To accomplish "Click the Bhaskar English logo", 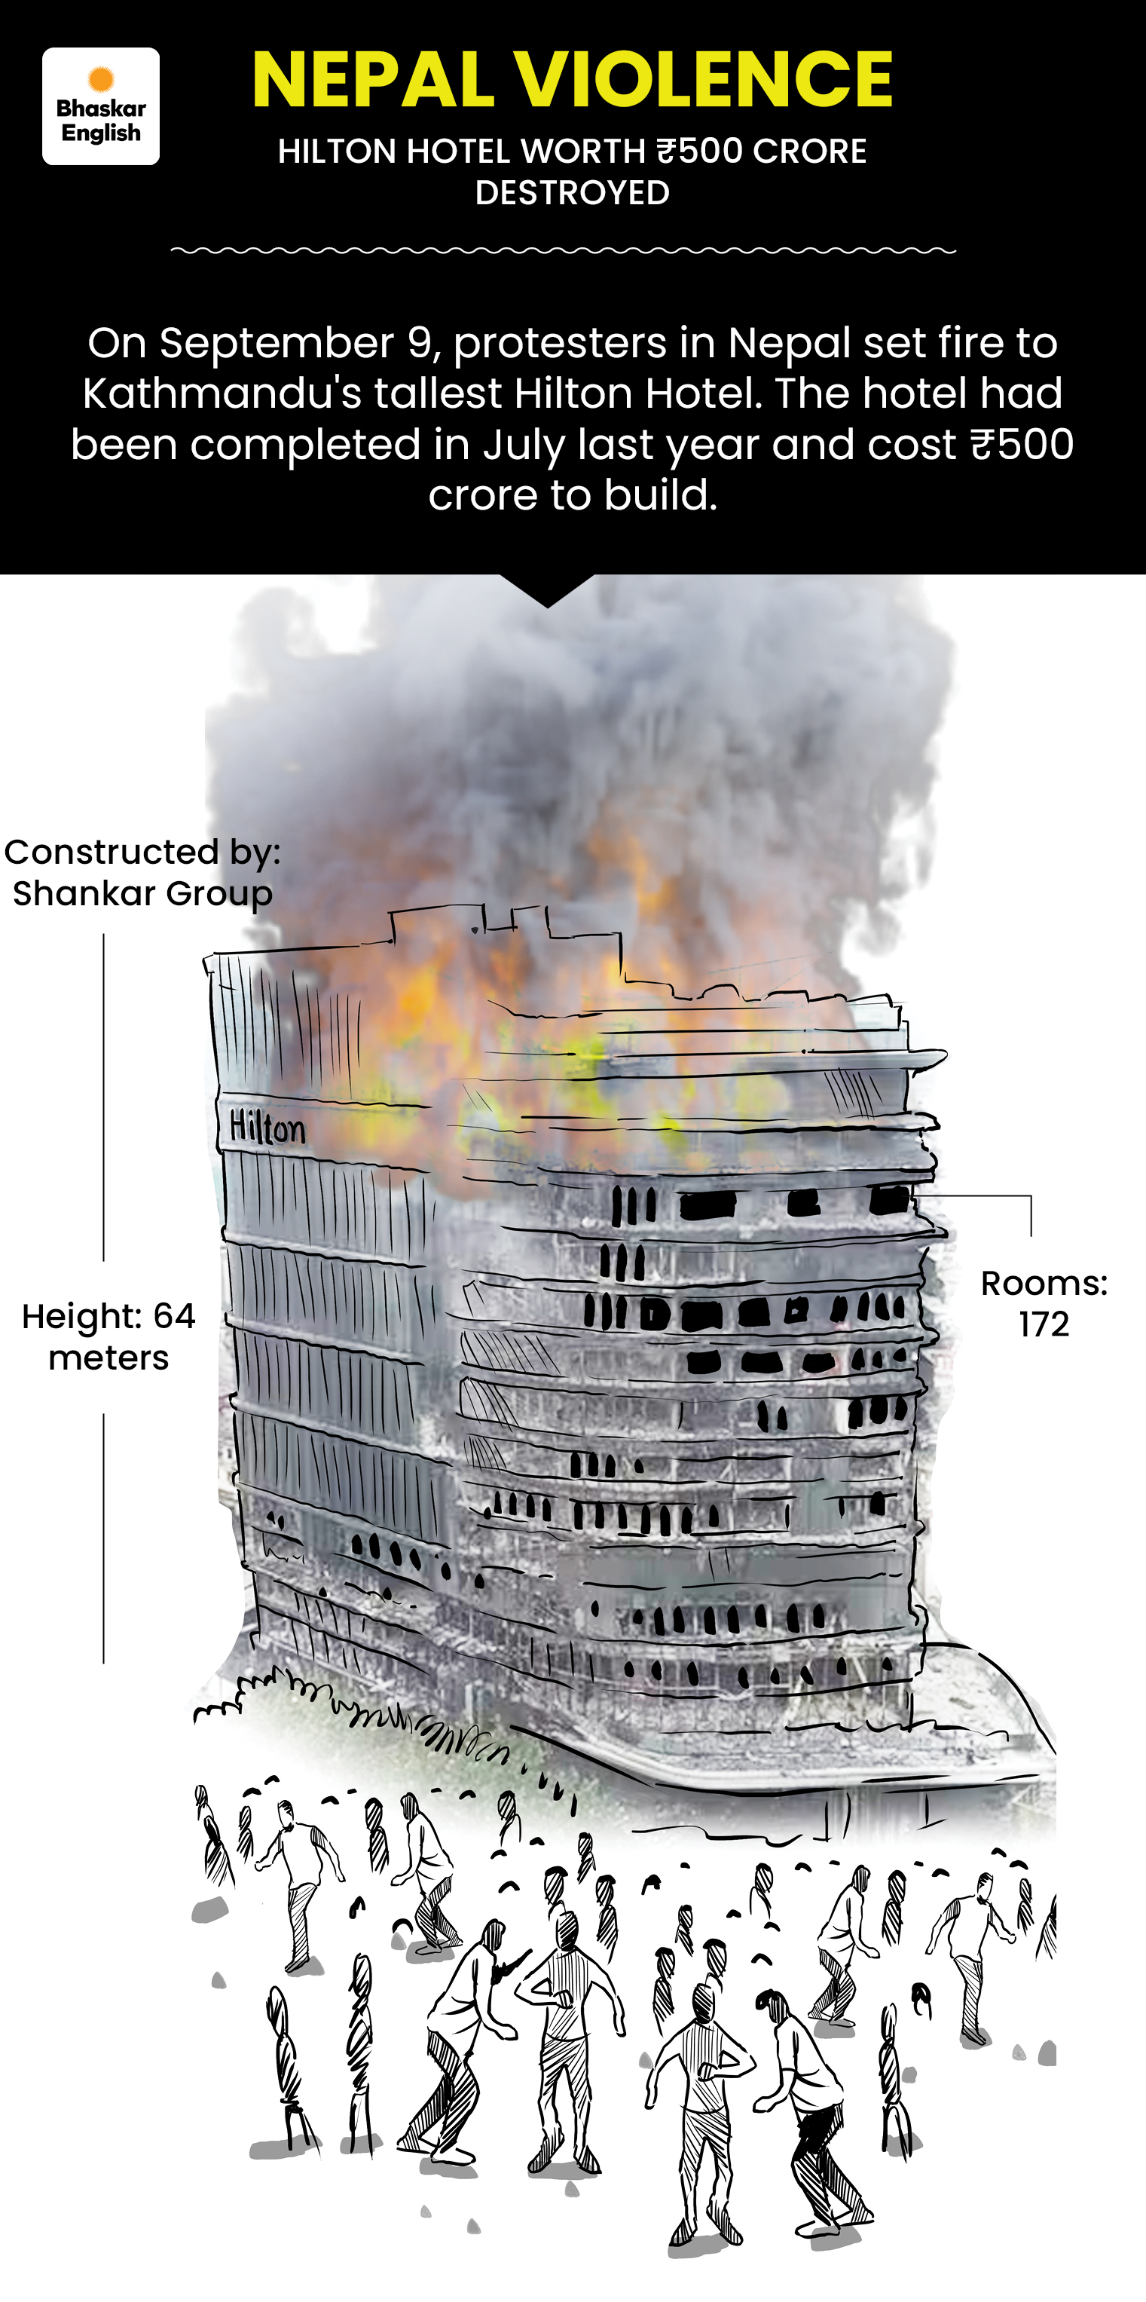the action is [x=101, y=106].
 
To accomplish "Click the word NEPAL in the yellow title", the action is [x=374, y=81].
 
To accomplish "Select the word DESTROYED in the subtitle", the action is [x=573, y=193].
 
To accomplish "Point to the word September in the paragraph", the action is [x=277, y=344].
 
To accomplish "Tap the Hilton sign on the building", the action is [x=267, y=1128].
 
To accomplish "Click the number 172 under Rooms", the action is [x=1044, y=1324].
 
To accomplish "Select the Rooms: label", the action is [x=1044, y=1283].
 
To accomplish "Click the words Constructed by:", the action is [x=143, y=853].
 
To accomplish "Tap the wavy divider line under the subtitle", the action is [x=564, y=251].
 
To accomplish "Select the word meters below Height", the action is [x=109, y=1358].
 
